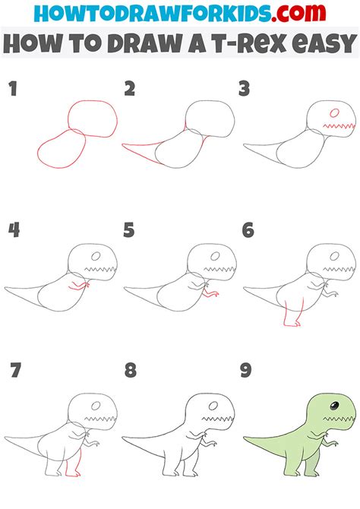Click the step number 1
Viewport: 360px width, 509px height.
pos(12,90)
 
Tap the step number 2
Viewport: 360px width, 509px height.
pos(130,90)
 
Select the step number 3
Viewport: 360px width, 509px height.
pos(245,90)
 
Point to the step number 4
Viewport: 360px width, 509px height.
pos(13,230)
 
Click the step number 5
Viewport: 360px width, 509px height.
pos(130,230)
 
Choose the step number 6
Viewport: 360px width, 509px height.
pos(247,230)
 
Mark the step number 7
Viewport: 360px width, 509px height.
pos(14,371)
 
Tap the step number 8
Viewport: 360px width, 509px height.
pos(131,371)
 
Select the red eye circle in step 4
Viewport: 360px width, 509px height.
pos(96,256)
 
